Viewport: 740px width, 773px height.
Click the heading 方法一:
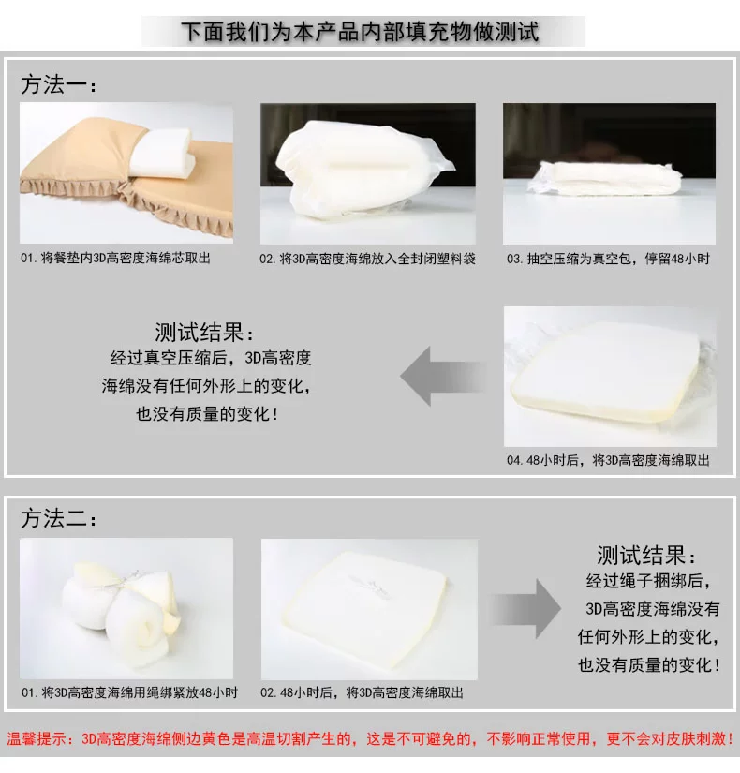click(x=58, y=84)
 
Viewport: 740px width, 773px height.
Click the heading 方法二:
click(x=58, y=519)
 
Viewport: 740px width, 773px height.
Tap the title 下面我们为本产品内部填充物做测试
click(x=360, y=32)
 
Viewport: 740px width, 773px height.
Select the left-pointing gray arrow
click(x=442, y=376)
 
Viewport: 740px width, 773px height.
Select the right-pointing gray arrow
click(x=526, y=609)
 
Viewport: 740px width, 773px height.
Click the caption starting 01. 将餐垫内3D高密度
click(x=115, y=258)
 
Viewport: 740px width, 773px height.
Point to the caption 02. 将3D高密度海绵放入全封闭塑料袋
click(x=367, y=259)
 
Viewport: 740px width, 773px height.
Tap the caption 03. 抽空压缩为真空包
click(x=608, y=259)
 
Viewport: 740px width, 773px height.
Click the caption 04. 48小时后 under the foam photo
click(x=608, y=460)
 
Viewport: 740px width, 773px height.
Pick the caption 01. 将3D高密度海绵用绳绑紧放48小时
click(x=129, y=692)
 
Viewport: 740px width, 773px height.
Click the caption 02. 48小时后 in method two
click(x=362, y=692)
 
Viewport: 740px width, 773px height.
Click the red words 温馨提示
click(x=37, y=738)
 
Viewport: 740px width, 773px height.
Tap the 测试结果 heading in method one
click(x=204, y=333)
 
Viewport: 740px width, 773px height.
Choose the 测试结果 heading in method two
click(x=645, y=555)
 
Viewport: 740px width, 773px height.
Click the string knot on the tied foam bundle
click(x=129, y=577)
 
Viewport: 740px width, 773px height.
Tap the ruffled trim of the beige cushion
click(x=128, y=202)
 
